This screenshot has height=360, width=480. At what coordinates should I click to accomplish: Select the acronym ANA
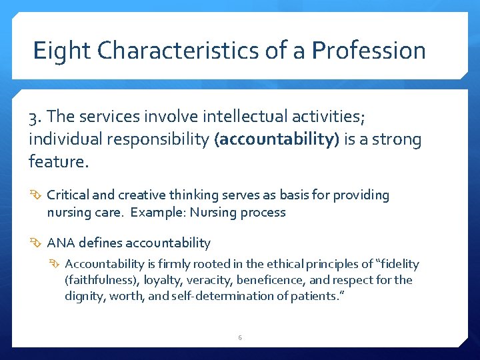click(61, 243)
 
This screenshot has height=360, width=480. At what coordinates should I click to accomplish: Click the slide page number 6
click(240, 338)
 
